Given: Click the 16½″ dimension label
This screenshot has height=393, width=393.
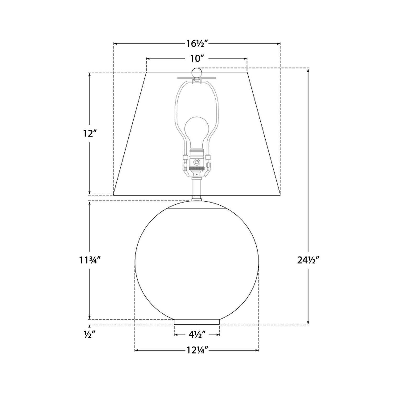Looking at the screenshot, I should click(197, 43).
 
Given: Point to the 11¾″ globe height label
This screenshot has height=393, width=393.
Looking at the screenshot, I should click(90, 260).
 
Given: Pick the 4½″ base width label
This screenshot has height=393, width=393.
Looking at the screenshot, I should click(197, 335).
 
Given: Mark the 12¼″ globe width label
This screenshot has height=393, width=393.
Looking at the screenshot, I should click(197, 350).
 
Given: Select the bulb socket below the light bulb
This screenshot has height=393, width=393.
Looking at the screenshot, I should click(196, 162).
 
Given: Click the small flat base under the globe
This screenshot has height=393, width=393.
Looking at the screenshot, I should click(197, 322).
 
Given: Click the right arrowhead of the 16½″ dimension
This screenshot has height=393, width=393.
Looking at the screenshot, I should click(279, 43).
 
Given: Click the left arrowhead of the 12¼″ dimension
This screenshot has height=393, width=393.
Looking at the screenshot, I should click(136, 350).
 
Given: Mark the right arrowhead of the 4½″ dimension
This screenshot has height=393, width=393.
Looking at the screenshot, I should click(218, 335).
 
